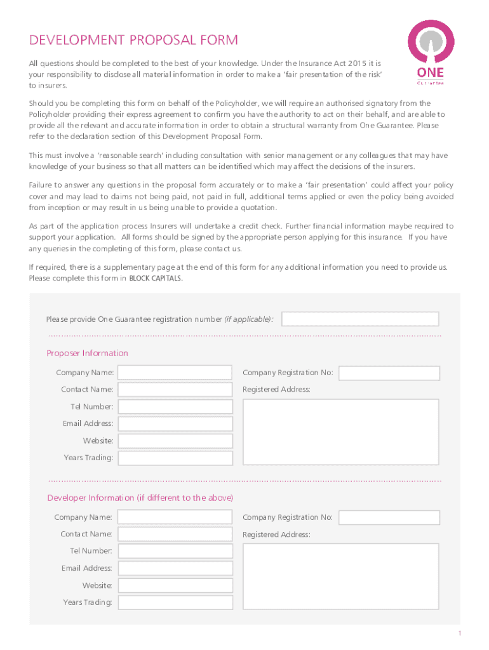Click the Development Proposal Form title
(133, 41)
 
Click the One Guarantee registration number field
(360, 319)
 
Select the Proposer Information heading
(87, 353)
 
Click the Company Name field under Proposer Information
(175, 373)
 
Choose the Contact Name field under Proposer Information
(175, 390)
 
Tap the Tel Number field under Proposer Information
(175, 407)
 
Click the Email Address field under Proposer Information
(175, 424)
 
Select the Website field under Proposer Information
(175, 441)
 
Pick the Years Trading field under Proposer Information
(175, 458)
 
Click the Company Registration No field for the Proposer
(389, 373)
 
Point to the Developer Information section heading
(140, 498)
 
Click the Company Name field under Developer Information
(175, 517)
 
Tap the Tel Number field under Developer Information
(175, 551)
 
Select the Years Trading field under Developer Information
(175, 602)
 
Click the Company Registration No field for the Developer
(389, 517)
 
